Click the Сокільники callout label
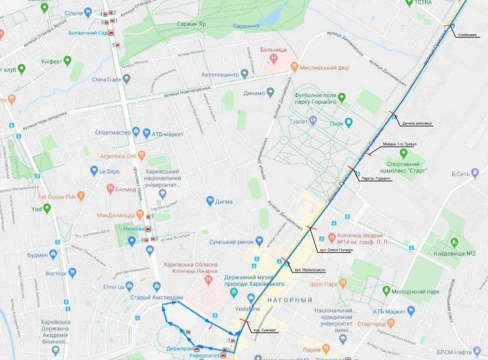(467, 35)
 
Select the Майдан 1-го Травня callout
(399, 144)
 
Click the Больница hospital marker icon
(273, 57)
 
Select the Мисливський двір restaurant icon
(294, 65)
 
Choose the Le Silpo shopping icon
(94, 170)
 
